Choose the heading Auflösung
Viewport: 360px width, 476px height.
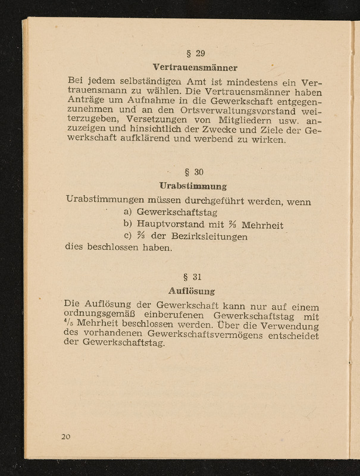191,292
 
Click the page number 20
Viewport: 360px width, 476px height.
65,437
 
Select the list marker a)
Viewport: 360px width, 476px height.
127,212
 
